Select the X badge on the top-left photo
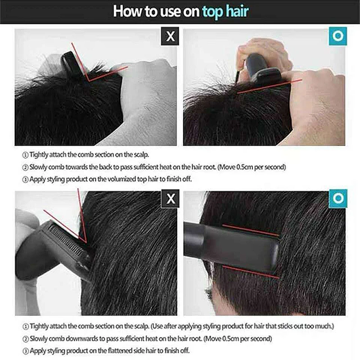170,36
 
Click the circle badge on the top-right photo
337,36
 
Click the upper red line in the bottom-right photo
250,229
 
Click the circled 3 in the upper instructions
25,179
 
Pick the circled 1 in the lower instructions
25,326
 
